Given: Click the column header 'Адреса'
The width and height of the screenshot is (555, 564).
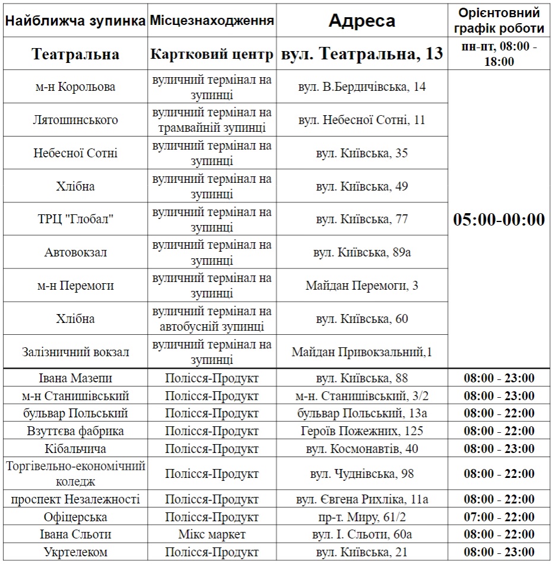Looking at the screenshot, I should tap(361, 21).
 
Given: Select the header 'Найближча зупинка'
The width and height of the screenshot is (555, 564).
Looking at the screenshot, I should tap(75, 21).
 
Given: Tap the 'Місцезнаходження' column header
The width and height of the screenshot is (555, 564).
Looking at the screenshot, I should tap(212, 21).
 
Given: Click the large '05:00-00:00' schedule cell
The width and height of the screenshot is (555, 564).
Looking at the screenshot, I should tap(499, 220).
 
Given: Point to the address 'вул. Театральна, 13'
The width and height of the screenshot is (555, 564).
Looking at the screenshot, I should tap(361, 54).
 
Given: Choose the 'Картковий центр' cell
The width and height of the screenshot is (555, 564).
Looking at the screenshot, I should tap(212, 54).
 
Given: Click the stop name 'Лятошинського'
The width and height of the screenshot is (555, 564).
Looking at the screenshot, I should tap(75, 120).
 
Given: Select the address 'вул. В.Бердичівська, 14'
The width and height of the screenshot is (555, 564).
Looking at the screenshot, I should tap(361, 87).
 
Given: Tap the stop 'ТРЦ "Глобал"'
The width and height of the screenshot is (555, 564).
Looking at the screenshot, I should tap(75, 220).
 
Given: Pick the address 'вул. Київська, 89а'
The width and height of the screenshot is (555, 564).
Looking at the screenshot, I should tap(361, 252).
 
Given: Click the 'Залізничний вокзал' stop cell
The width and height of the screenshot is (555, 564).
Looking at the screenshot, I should tap(75, 352).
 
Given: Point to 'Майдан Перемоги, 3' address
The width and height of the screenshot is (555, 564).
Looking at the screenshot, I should tap(361, 286).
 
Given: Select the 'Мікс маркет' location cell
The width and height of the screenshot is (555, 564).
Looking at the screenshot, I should tap(212, 534).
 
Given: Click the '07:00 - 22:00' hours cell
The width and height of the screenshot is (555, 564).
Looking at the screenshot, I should tap(499, 517).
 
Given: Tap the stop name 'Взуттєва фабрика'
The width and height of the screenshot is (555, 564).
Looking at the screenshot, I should tap(75, 431).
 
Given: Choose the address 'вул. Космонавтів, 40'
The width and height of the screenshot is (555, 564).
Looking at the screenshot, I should tap(361, 448).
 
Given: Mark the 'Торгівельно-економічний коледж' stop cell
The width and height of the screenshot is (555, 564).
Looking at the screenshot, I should tap(75, 474).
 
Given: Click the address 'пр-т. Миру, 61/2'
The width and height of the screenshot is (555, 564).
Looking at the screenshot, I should tap(361, 517).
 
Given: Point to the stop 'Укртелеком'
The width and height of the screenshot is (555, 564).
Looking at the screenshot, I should tap(75, 552).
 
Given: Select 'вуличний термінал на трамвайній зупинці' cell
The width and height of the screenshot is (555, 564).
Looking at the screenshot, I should tap(212, 120).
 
